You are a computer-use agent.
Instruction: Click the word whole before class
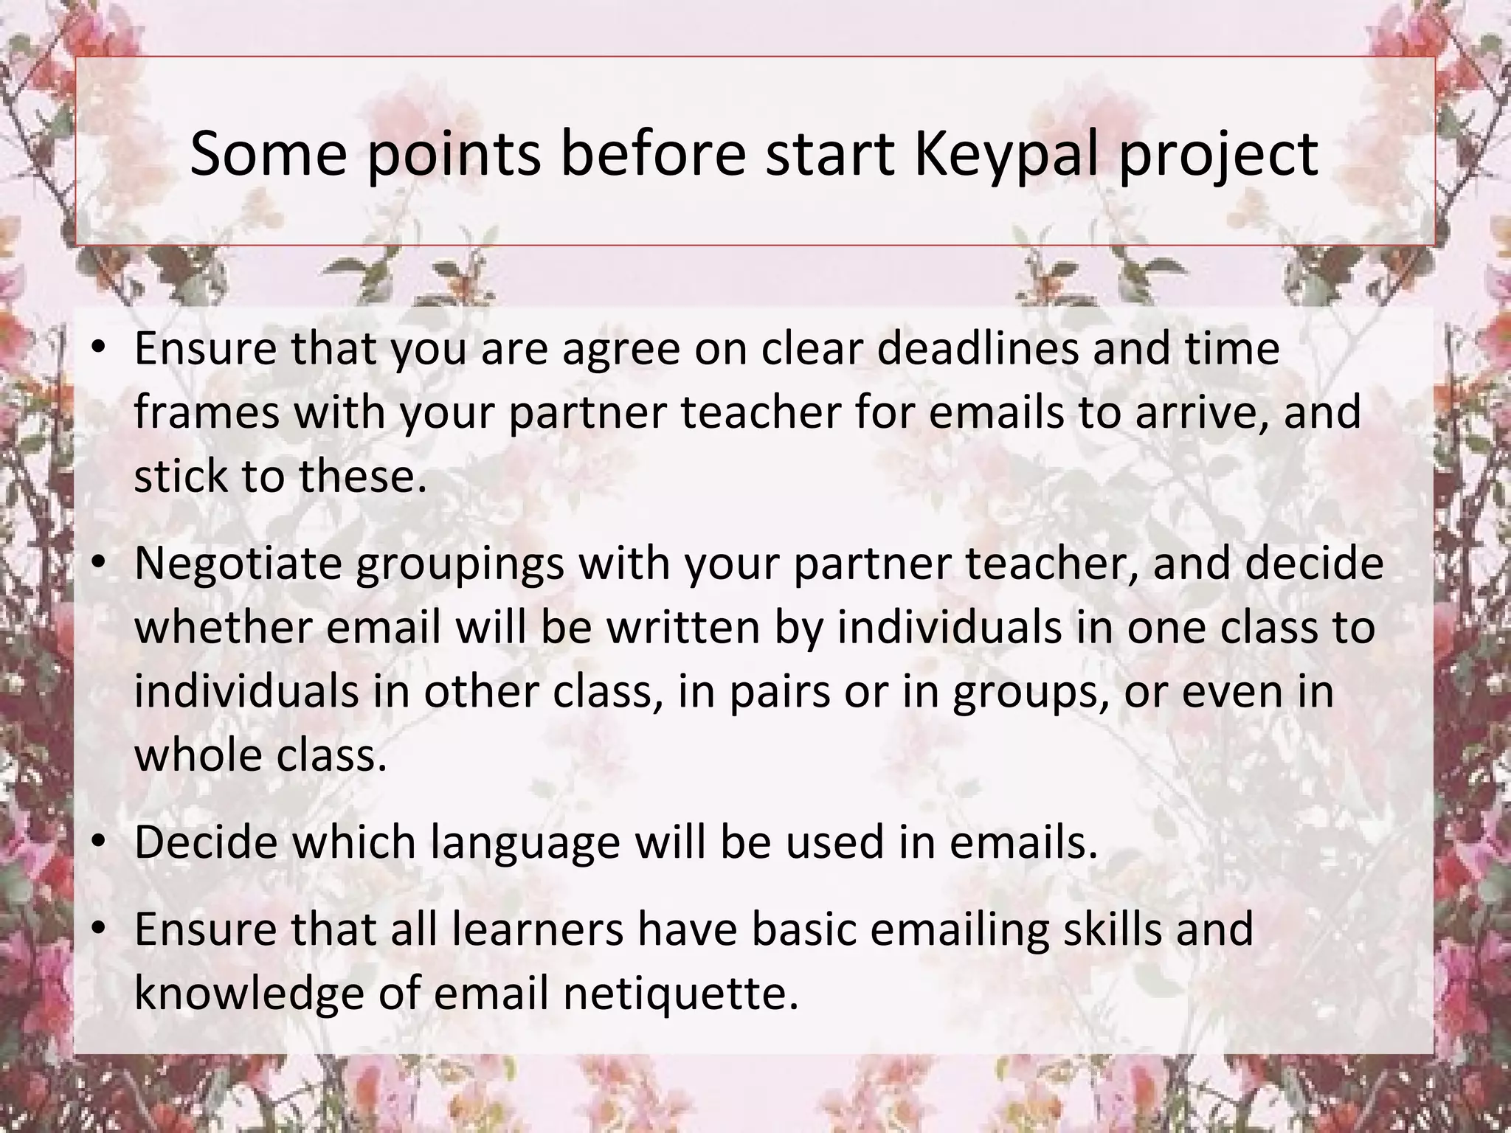point(189,755)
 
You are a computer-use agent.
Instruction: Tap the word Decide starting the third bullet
point(207,842)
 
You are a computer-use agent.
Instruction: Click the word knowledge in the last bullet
point(249,993)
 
